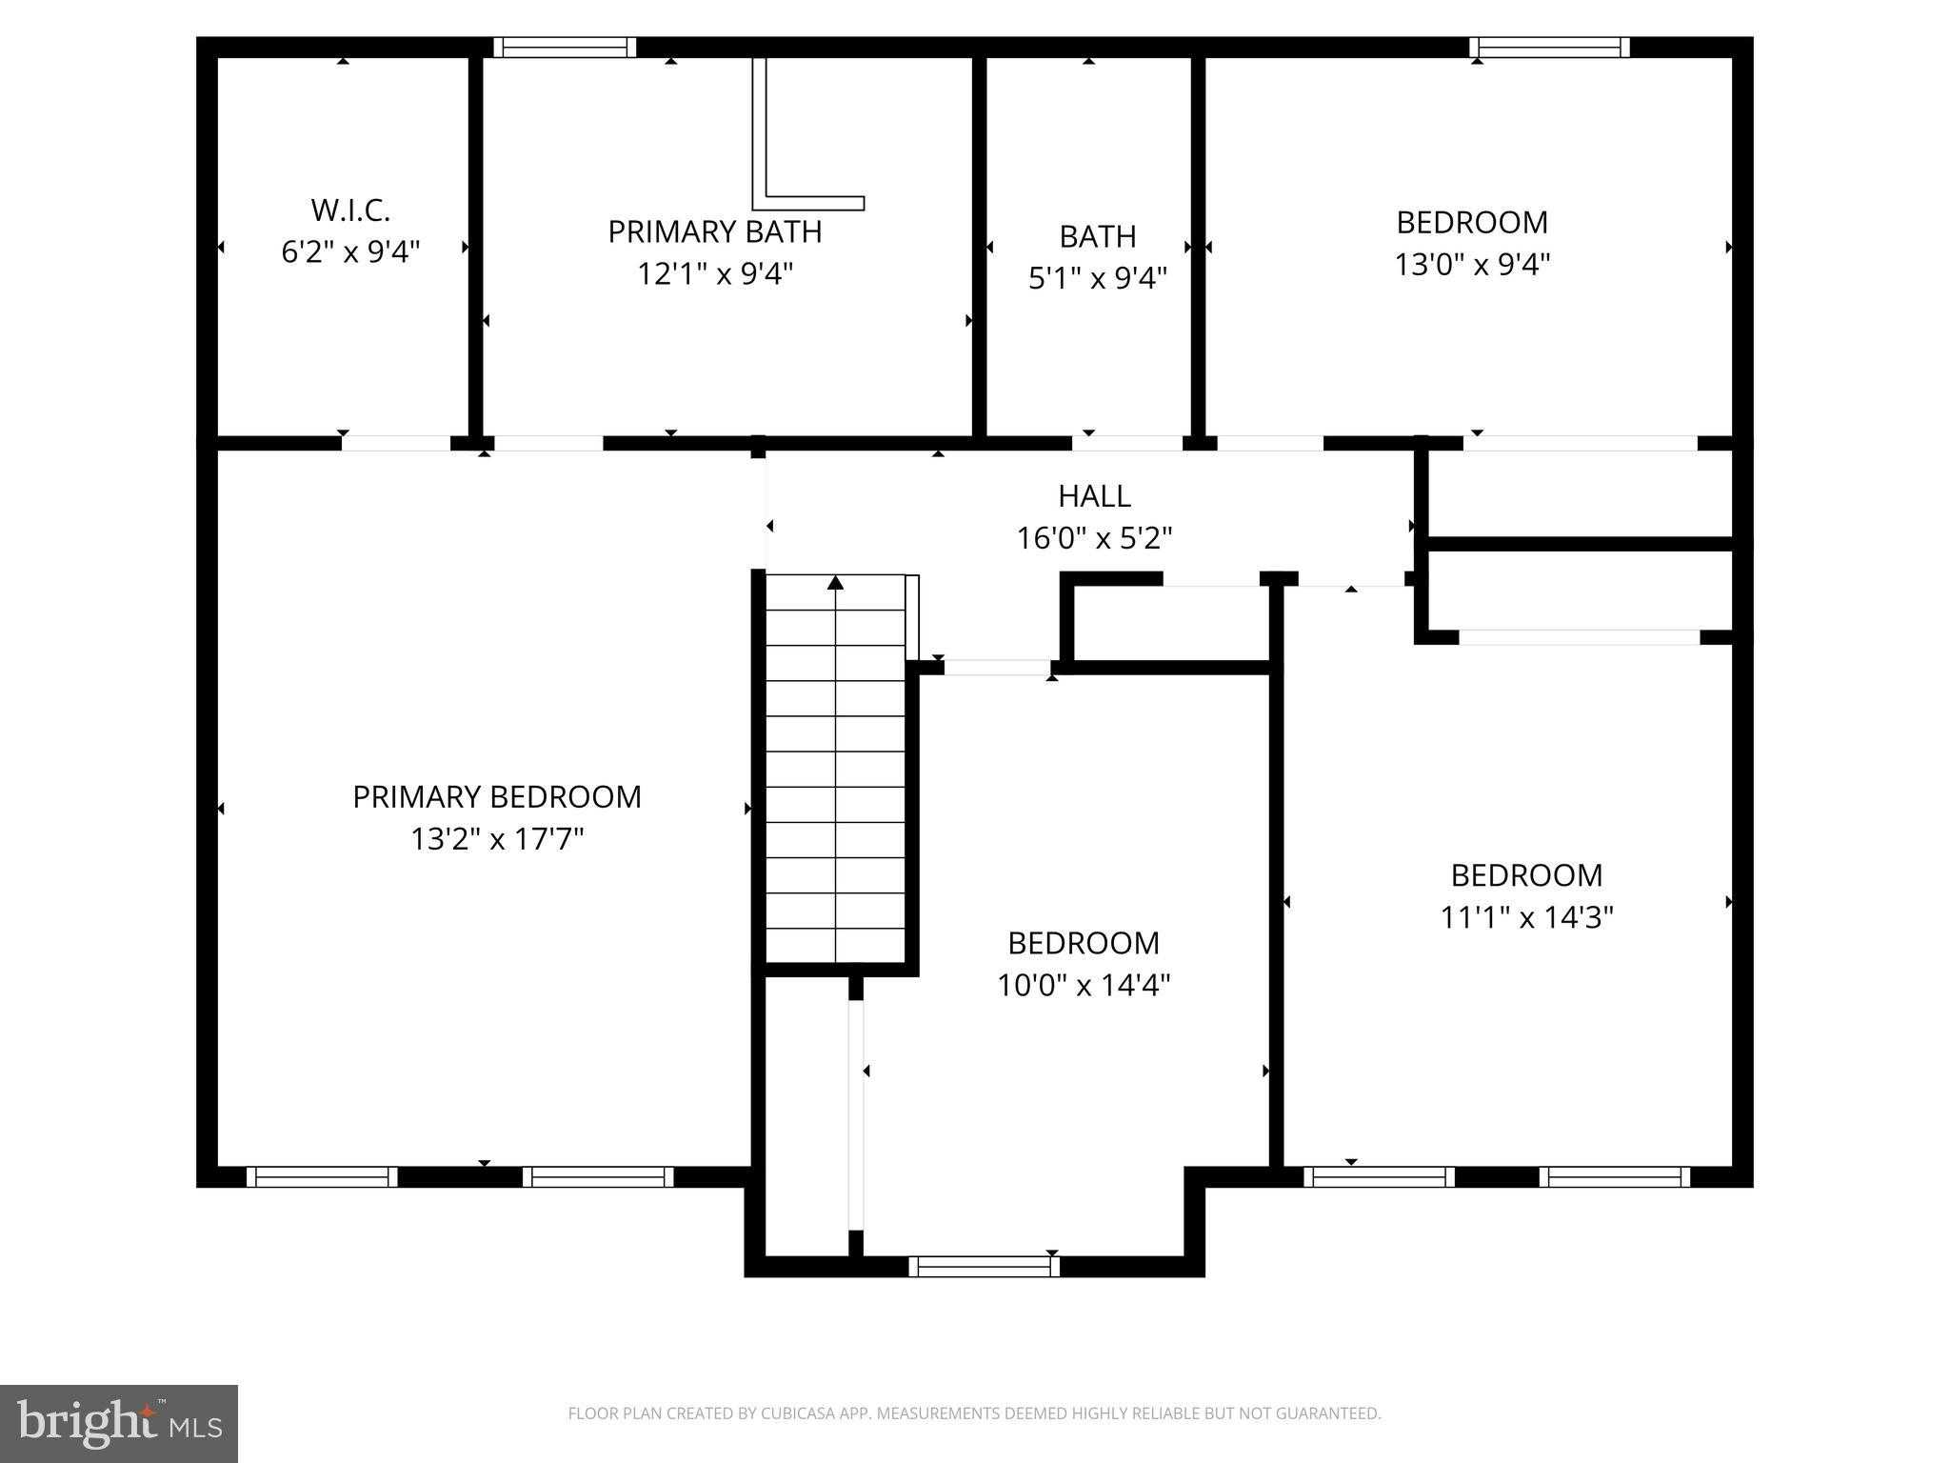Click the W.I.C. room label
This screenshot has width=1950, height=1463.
tap(350, 210)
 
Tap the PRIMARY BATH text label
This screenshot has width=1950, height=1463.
tap(714, 231)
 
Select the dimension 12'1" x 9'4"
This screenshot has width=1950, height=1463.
tap(714, 274)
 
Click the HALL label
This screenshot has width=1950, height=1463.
tap(1094, 496)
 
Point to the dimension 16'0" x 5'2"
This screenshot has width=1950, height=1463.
tap(1094, 539)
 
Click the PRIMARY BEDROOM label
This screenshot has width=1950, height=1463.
tap(497, 797)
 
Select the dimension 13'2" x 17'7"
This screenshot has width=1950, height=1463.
tap(497, 839)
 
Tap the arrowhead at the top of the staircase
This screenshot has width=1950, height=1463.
tap(835, 582)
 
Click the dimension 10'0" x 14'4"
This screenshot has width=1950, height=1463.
tap(1084, 985)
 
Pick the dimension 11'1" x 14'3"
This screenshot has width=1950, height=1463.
tap(1526, 917)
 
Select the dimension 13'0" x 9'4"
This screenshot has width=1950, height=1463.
tap(1472, 264)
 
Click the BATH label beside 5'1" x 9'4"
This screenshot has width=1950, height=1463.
tap(1098, 236)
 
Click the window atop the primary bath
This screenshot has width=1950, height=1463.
tap(565, 48)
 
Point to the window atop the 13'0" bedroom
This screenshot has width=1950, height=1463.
tap(1549, 48)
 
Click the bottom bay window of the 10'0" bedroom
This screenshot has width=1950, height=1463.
tap(984, 1266)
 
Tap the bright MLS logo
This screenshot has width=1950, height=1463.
tap(118, 1423)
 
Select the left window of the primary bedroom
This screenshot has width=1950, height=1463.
tap(322, 1177)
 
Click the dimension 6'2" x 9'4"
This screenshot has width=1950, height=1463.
tap(350, 252)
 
